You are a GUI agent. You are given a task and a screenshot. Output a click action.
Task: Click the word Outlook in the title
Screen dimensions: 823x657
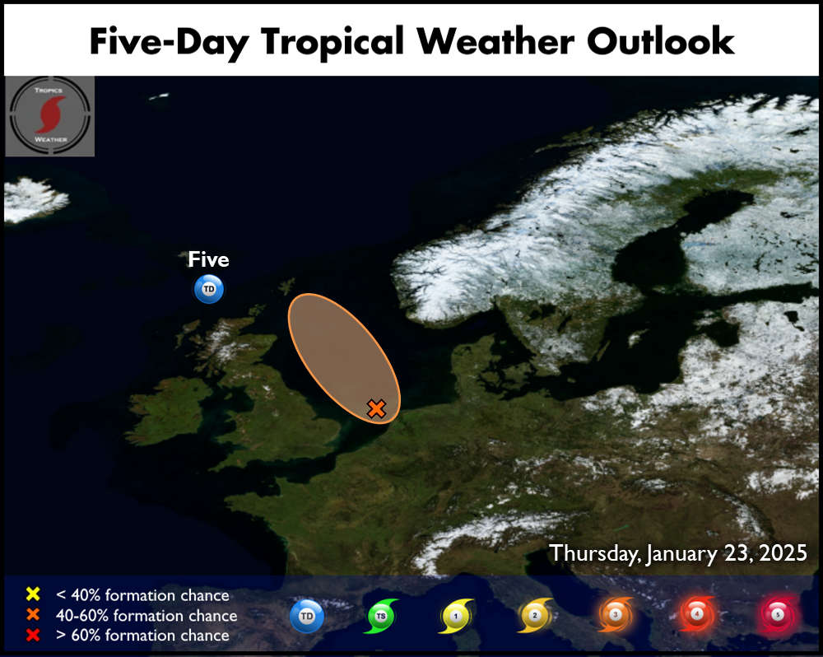coord(660,41)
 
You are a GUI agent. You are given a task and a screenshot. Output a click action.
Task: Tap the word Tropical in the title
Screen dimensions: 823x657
coord(332,43)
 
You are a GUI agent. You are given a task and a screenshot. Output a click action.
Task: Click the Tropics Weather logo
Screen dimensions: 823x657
coord(50,116)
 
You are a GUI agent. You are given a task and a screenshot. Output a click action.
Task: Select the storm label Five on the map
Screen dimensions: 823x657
coord(208,259)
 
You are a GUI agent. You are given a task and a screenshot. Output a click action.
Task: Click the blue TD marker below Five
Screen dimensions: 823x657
coord(209,289)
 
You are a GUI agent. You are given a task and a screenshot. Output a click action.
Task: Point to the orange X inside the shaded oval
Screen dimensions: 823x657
coord(376,408)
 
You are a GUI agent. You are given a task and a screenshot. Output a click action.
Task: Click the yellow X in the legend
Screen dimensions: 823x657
coord(33,594)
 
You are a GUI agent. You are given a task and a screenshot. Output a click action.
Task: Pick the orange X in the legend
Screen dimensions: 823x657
coord(33,614)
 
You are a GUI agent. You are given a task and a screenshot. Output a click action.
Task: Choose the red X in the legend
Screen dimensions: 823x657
coord(33,635)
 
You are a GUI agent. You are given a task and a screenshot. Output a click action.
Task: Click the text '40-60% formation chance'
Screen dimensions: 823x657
coord(146,616)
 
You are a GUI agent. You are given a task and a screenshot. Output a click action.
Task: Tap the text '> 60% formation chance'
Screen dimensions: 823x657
coord(142,636)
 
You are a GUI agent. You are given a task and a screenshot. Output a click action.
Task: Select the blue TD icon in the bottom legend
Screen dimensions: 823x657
coord(307,616)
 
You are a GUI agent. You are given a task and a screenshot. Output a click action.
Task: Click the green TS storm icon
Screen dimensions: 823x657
coord(381,616)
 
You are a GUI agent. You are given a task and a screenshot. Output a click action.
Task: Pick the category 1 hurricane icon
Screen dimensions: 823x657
coord(456,616)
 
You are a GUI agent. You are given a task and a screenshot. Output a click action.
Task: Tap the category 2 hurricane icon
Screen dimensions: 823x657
coord(535,616)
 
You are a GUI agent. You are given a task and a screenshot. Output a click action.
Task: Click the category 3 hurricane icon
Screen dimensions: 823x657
coord(616,614)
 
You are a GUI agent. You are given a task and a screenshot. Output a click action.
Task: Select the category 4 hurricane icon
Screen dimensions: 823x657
coord(697,614)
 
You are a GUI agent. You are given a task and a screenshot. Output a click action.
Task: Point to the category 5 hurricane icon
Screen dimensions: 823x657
coord(778,614)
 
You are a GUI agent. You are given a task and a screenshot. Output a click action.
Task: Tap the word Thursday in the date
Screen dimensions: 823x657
coord(594,554)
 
